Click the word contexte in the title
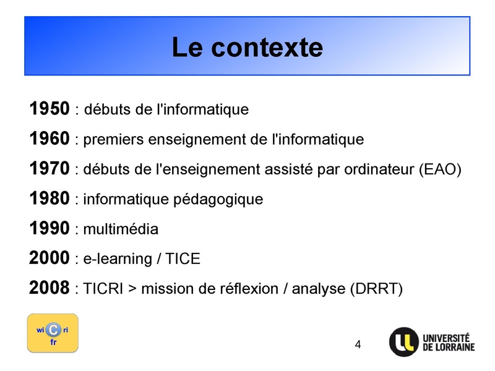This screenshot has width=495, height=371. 267,48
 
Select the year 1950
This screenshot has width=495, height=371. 49,109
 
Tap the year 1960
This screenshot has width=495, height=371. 49,139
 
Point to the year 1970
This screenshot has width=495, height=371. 49,168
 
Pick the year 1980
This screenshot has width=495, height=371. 49,198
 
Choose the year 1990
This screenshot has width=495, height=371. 49,228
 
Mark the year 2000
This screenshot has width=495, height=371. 49,258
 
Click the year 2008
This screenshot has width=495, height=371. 49,288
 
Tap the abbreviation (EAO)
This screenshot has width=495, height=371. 440,169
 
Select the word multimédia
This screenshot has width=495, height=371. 121,229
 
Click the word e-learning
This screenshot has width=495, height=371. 118,259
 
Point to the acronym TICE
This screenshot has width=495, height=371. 183,258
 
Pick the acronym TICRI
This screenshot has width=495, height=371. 103,289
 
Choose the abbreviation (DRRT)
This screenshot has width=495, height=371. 376,289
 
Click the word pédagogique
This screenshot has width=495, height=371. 218,200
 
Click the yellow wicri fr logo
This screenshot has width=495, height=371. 53,333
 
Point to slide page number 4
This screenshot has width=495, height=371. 358,344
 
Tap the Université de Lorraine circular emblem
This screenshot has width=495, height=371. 404,342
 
